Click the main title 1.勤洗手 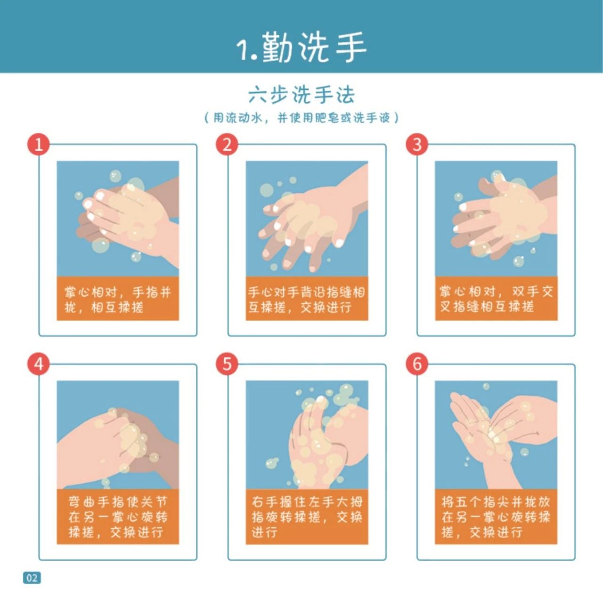point(301,48)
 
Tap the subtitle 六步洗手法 point(301,95)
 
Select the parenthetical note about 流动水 point(301,118)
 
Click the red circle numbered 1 point(38,144)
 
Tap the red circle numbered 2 point(227,144)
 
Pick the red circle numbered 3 point(417,144)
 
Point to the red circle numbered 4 point(38,364)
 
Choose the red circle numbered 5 point(227,364)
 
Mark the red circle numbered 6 point(417,364)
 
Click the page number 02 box point(32,578)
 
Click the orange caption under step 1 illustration point(118,299)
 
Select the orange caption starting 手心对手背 point(307,299)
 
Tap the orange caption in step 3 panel point(496,299)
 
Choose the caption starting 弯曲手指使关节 point(118,517)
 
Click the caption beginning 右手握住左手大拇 point(307,517)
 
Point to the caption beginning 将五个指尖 point(496,517)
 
